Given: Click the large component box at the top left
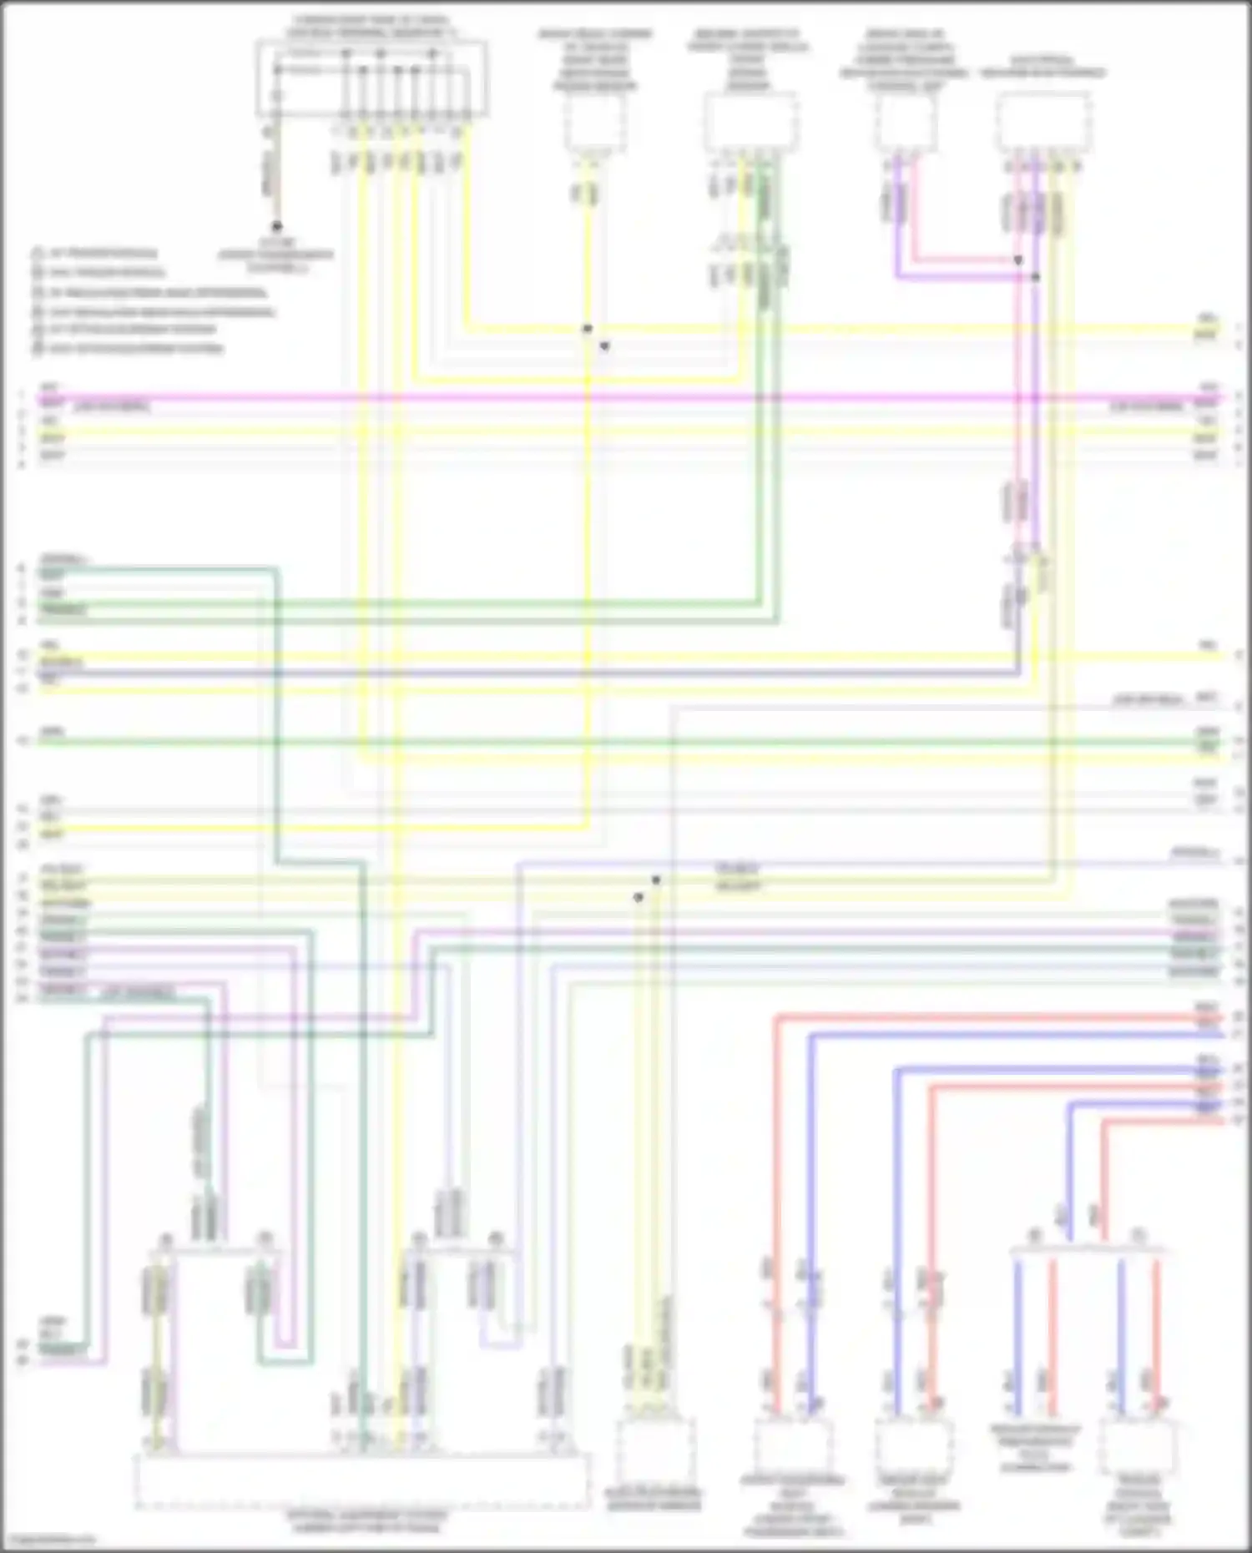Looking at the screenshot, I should (371, 79).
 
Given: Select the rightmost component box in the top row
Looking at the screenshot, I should (1043, 121).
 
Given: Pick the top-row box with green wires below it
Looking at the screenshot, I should (749, 123).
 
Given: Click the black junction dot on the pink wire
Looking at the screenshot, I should (1018, 260).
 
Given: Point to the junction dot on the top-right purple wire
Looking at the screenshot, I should (1036, 277).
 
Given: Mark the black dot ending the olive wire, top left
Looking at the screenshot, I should (276, 227).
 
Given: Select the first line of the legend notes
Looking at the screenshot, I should (96, 253).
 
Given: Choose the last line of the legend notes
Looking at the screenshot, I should (129, 348).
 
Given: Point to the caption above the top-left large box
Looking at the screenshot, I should (371, 25).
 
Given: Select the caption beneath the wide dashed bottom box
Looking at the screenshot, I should (366, 1523).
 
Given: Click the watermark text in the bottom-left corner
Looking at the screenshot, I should (46, 1540).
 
